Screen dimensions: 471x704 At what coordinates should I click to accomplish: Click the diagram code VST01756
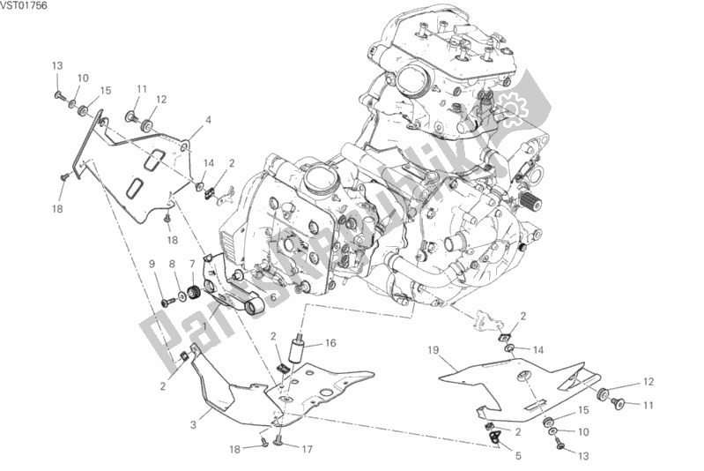pos(25,6)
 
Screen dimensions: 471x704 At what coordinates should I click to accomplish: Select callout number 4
pos(208,120)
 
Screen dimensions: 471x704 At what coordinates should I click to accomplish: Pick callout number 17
pos(306,448)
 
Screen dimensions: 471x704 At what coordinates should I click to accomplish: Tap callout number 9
pos(152,264)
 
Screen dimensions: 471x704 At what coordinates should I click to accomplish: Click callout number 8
pos(172,264)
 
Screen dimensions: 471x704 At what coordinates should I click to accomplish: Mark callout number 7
pos(190,264)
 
